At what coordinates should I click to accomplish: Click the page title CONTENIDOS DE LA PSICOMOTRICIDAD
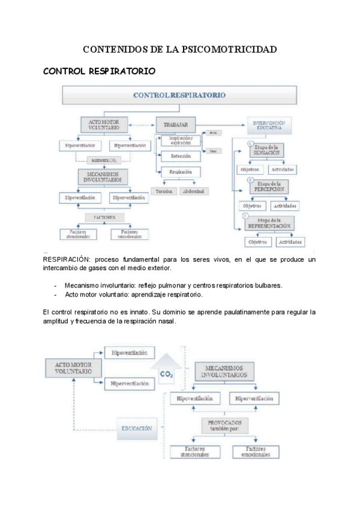179,49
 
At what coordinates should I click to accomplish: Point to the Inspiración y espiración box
180,141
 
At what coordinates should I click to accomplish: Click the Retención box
180,157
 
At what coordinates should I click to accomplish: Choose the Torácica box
163,191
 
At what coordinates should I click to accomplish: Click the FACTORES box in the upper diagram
103,217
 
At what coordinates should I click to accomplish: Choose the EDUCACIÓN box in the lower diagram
136,429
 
